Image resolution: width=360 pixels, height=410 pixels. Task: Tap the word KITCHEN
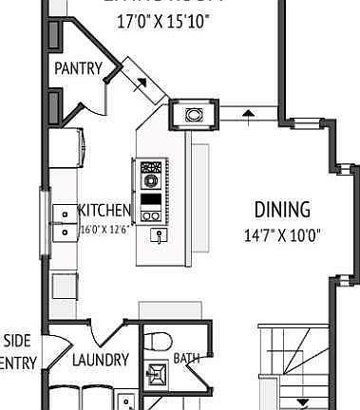(104, 211)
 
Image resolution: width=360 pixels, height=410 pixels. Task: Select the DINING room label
(282, 210)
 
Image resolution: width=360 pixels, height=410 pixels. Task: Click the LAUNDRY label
(100, 360)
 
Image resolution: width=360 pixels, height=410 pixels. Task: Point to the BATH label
(186, 359)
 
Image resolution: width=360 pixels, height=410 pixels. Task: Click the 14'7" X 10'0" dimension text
(282, 233)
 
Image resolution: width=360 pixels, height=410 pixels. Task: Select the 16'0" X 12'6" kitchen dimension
(104, 228)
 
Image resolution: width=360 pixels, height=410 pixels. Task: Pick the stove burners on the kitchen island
(150, 175)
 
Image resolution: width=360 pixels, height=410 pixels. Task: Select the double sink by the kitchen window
(65, 221)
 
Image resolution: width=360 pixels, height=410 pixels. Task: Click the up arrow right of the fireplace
(249, 115)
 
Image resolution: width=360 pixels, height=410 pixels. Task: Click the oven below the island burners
(150, 202)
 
